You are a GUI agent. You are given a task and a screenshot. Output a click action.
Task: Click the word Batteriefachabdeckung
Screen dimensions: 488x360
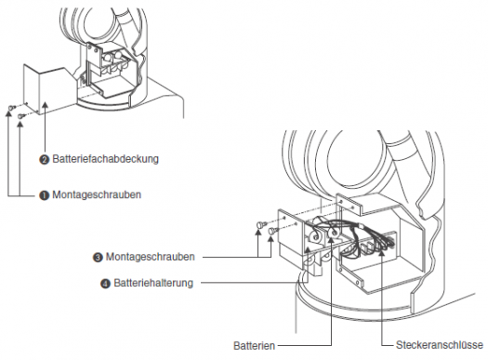click(x=106, y=159)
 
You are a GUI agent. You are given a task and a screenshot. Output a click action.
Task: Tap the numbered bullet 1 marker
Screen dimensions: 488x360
click(x=45, y=195)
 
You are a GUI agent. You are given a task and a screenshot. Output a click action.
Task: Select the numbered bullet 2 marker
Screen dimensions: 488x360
click(x=45, y=160)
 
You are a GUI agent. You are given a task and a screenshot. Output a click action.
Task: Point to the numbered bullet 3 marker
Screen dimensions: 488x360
click(x=98, y=258)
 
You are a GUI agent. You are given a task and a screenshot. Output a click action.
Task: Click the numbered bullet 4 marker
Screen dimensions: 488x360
click(x=106, y=284)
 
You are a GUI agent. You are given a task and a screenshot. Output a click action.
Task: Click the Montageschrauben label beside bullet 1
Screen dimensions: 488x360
click(x=97, y=194)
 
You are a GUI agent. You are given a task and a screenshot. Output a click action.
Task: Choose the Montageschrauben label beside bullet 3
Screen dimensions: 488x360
click(x=151, y=257)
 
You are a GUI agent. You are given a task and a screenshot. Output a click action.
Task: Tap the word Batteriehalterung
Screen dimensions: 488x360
click(x=153, y=283)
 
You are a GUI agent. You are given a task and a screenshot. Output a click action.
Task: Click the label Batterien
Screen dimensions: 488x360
click(x=255, y=346)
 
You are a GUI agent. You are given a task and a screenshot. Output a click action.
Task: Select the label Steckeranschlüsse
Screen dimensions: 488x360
click(x=440, y=345)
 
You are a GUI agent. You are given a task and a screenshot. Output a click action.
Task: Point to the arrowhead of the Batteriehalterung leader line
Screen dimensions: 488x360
click(x=307, y=249)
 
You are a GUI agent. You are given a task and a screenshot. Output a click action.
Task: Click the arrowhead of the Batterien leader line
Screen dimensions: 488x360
click(x=331, y=241)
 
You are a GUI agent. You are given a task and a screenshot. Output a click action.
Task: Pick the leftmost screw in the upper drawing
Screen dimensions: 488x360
click(x=12, y=107)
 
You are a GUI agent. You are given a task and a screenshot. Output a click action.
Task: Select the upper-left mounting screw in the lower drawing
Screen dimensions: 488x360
click(x=260, y=224)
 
